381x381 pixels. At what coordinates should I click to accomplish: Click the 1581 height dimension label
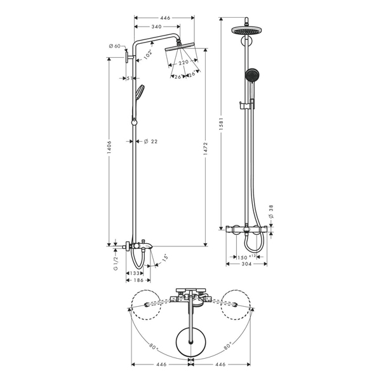221,124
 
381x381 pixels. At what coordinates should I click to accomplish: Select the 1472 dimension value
206,149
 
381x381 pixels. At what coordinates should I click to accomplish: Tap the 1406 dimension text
109,147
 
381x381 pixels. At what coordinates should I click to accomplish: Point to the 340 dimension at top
156,27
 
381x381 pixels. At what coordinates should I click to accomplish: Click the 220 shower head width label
184,63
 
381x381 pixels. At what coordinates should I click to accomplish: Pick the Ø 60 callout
114,46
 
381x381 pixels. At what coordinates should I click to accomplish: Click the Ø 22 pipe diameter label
150,141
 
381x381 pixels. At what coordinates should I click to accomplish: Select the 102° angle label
147,55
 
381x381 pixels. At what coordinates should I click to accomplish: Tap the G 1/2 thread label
116,264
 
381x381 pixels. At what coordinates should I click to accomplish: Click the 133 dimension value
135,273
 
